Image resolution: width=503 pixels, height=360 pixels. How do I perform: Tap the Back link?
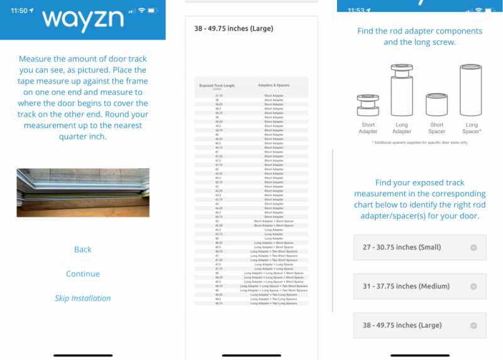(83, 249)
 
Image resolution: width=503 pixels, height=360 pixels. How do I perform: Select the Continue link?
(83, 274)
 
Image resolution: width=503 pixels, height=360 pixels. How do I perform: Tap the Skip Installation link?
(83, 298)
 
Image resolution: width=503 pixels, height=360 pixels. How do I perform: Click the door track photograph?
(83, 192)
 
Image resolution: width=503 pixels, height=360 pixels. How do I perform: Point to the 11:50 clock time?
(14, 11)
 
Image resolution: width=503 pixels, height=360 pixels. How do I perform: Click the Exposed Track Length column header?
(217, 85)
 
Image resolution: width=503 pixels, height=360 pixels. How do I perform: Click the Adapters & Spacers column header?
(274, 85)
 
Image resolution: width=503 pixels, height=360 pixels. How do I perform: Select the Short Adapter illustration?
(368, 104)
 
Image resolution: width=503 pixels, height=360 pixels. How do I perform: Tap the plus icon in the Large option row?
(473, 325)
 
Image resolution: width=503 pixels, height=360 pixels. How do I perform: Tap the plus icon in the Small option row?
(473, 248)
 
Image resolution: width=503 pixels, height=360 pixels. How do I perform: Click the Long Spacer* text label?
(472, 128)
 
